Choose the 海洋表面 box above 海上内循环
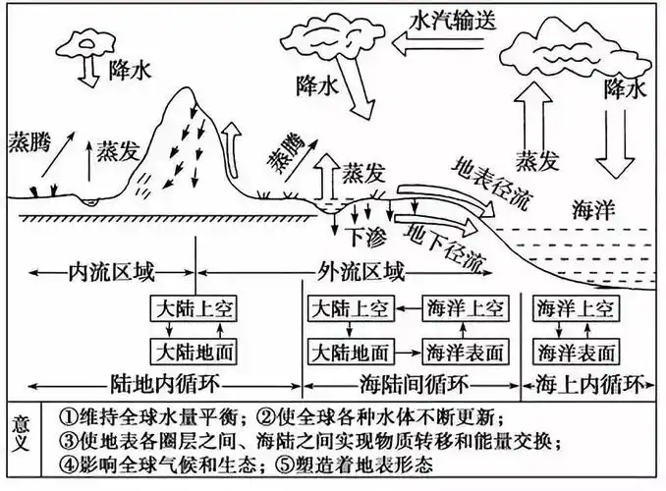(576, 351)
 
